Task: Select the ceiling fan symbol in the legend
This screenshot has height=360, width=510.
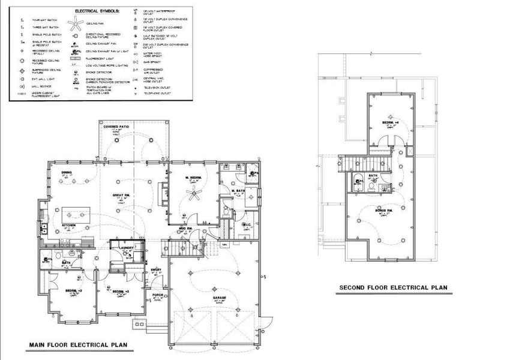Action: pyautogui.click(x=76, y=23)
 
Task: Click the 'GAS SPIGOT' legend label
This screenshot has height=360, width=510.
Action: pyautogui.click(x=155, y=61)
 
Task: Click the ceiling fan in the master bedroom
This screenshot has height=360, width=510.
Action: pyautogui.click(x=192, y=193)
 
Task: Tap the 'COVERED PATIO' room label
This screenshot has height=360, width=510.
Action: pyautogui.click(x=116, y=127)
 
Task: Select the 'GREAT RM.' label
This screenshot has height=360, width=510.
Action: pyautogui.click(x=122, y=196)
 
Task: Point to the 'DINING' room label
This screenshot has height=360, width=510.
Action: pyautogui.click(x=67, y=173)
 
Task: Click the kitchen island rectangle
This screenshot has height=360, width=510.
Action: pyautogui.click(x=76, y=214)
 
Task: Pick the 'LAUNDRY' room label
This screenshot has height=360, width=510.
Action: pyautogui.click(x=127, y=247)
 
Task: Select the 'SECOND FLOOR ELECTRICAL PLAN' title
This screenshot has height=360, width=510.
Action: pyautogui.click(x=393, y=287)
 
